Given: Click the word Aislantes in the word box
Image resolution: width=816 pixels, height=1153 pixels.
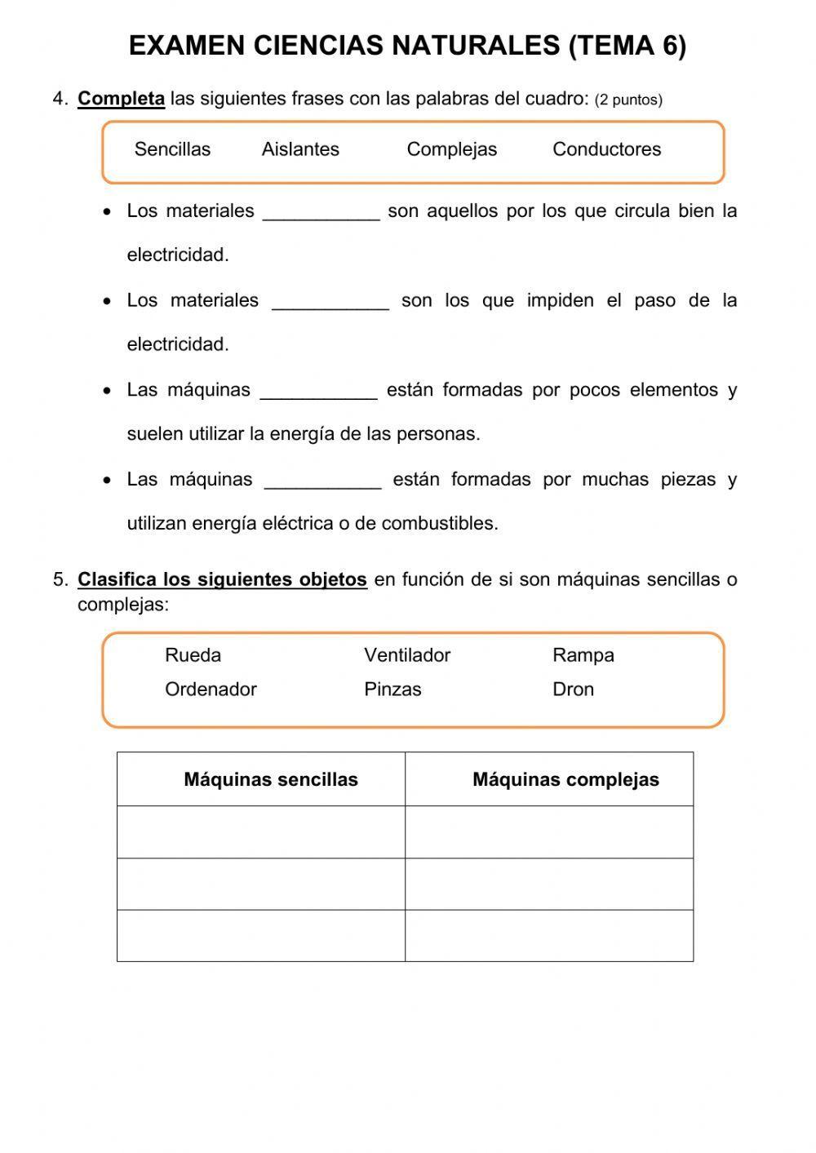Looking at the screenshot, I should pos(300,149).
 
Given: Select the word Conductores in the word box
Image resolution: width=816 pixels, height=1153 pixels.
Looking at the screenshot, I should pos(606,149).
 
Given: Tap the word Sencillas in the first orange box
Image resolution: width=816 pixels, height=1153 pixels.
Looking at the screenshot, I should pos(172,149).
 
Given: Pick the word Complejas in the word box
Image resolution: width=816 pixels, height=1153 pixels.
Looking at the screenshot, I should pos(451,149).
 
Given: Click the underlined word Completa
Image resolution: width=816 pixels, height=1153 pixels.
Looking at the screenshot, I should pos(121,99).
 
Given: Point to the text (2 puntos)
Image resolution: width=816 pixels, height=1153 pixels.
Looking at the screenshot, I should pos(628,100).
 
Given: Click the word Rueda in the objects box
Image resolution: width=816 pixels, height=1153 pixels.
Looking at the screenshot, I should pos(193,655).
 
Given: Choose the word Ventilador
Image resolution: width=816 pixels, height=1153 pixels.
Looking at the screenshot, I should pos(407,655).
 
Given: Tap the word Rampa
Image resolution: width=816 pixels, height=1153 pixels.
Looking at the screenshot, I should pos(583,655).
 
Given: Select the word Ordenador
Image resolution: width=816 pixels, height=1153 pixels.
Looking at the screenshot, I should pos(211,690).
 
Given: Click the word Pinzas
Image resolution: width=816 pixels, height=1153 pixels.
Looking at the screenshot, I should pos(392,690).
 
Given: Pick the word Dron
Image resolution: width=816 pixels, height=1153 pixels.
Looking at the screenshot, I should pos(573,690).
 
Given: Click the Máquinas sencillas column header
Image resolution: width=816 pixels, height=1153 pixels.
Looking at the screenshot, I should pos(271,779).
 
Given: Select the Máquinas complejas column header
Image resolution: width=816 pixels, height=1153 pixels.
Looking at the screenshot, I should pos(565,779).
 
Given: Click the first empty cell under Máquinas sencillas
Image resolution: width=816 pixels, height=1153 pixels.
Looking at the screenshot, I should pos(261,832).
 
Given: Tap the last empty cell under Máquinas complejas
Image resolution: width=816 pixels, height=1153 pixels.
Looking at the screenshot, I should pos(549,936).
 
